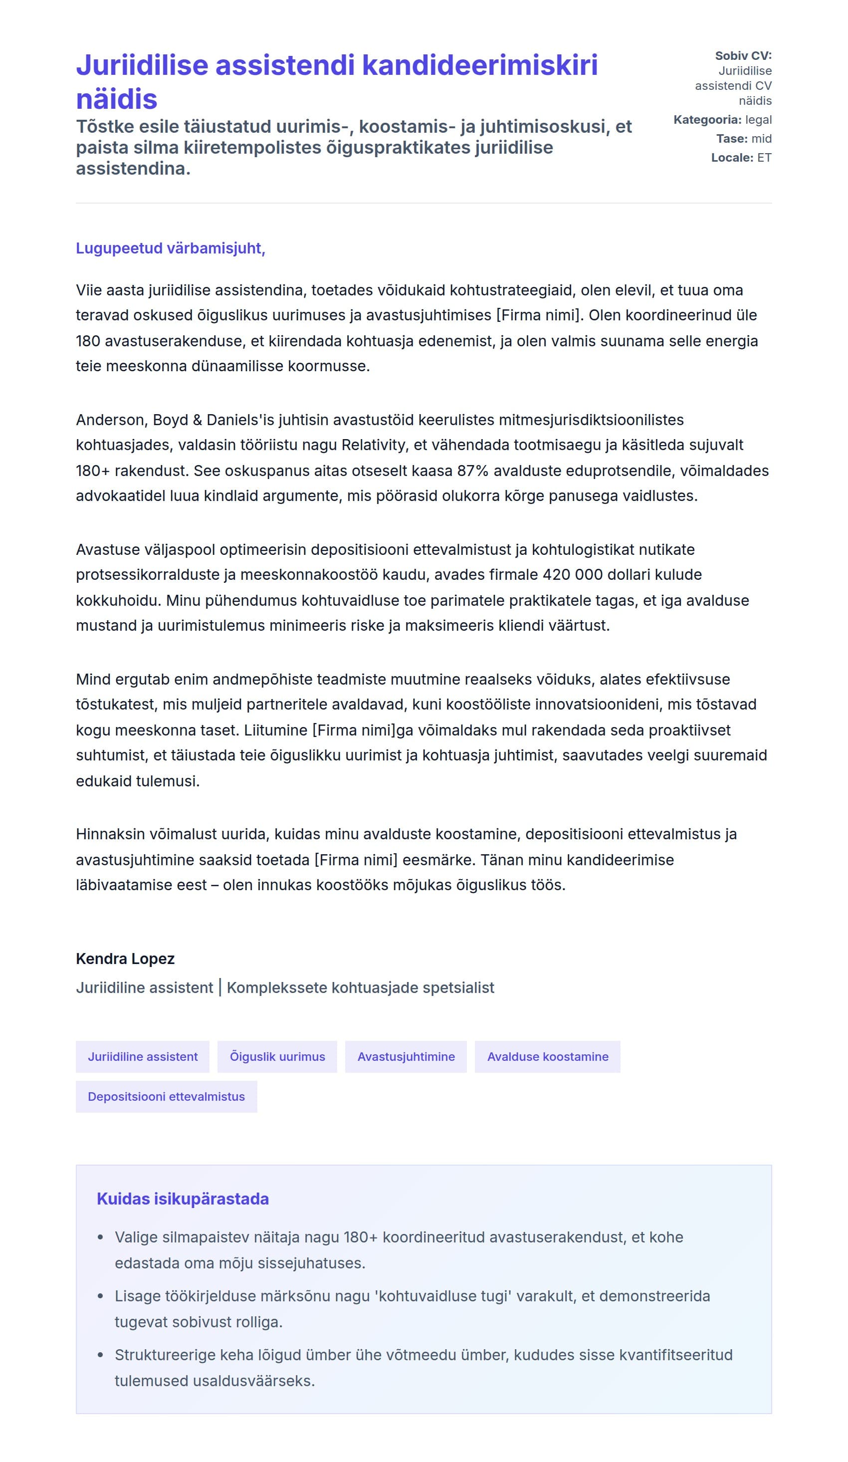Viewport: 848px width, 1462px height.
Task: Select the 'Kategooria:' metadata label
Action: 706,120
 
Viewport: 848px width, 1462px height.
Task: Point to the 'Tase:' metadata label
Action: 731,139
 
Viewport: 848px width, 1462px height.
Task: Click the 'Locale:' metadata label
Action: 731,158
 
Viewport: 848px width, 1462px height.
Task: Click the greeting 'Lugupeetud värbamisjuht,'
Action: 171,248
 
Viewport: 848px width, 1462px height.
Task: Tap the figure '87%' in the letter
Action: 472,471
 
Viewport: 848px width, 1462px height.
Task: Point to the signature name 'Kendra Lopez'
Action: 125,959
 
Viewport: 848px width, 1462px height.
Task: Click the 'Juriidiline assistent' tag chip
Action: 143,1056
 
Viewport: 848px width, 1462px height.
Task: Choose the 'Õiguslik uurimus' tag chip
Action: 277,1056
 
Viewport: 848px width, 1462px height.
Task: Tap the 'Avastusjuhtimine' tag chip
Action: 406,1056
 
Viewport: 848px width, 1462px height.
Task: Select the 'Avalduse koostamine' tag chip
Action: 547,1056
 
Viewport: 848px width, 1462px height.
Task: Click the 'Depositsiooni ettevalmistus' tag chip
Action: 166,1097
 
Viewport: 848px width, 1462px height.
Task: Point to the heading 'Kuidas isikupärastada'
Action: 183,1199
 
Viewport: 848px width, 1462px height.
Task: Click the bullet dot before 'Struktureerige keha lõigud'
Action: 100,1355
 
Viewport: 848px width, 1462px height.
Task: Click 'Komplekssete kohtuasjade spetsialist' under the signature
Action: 360,987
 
